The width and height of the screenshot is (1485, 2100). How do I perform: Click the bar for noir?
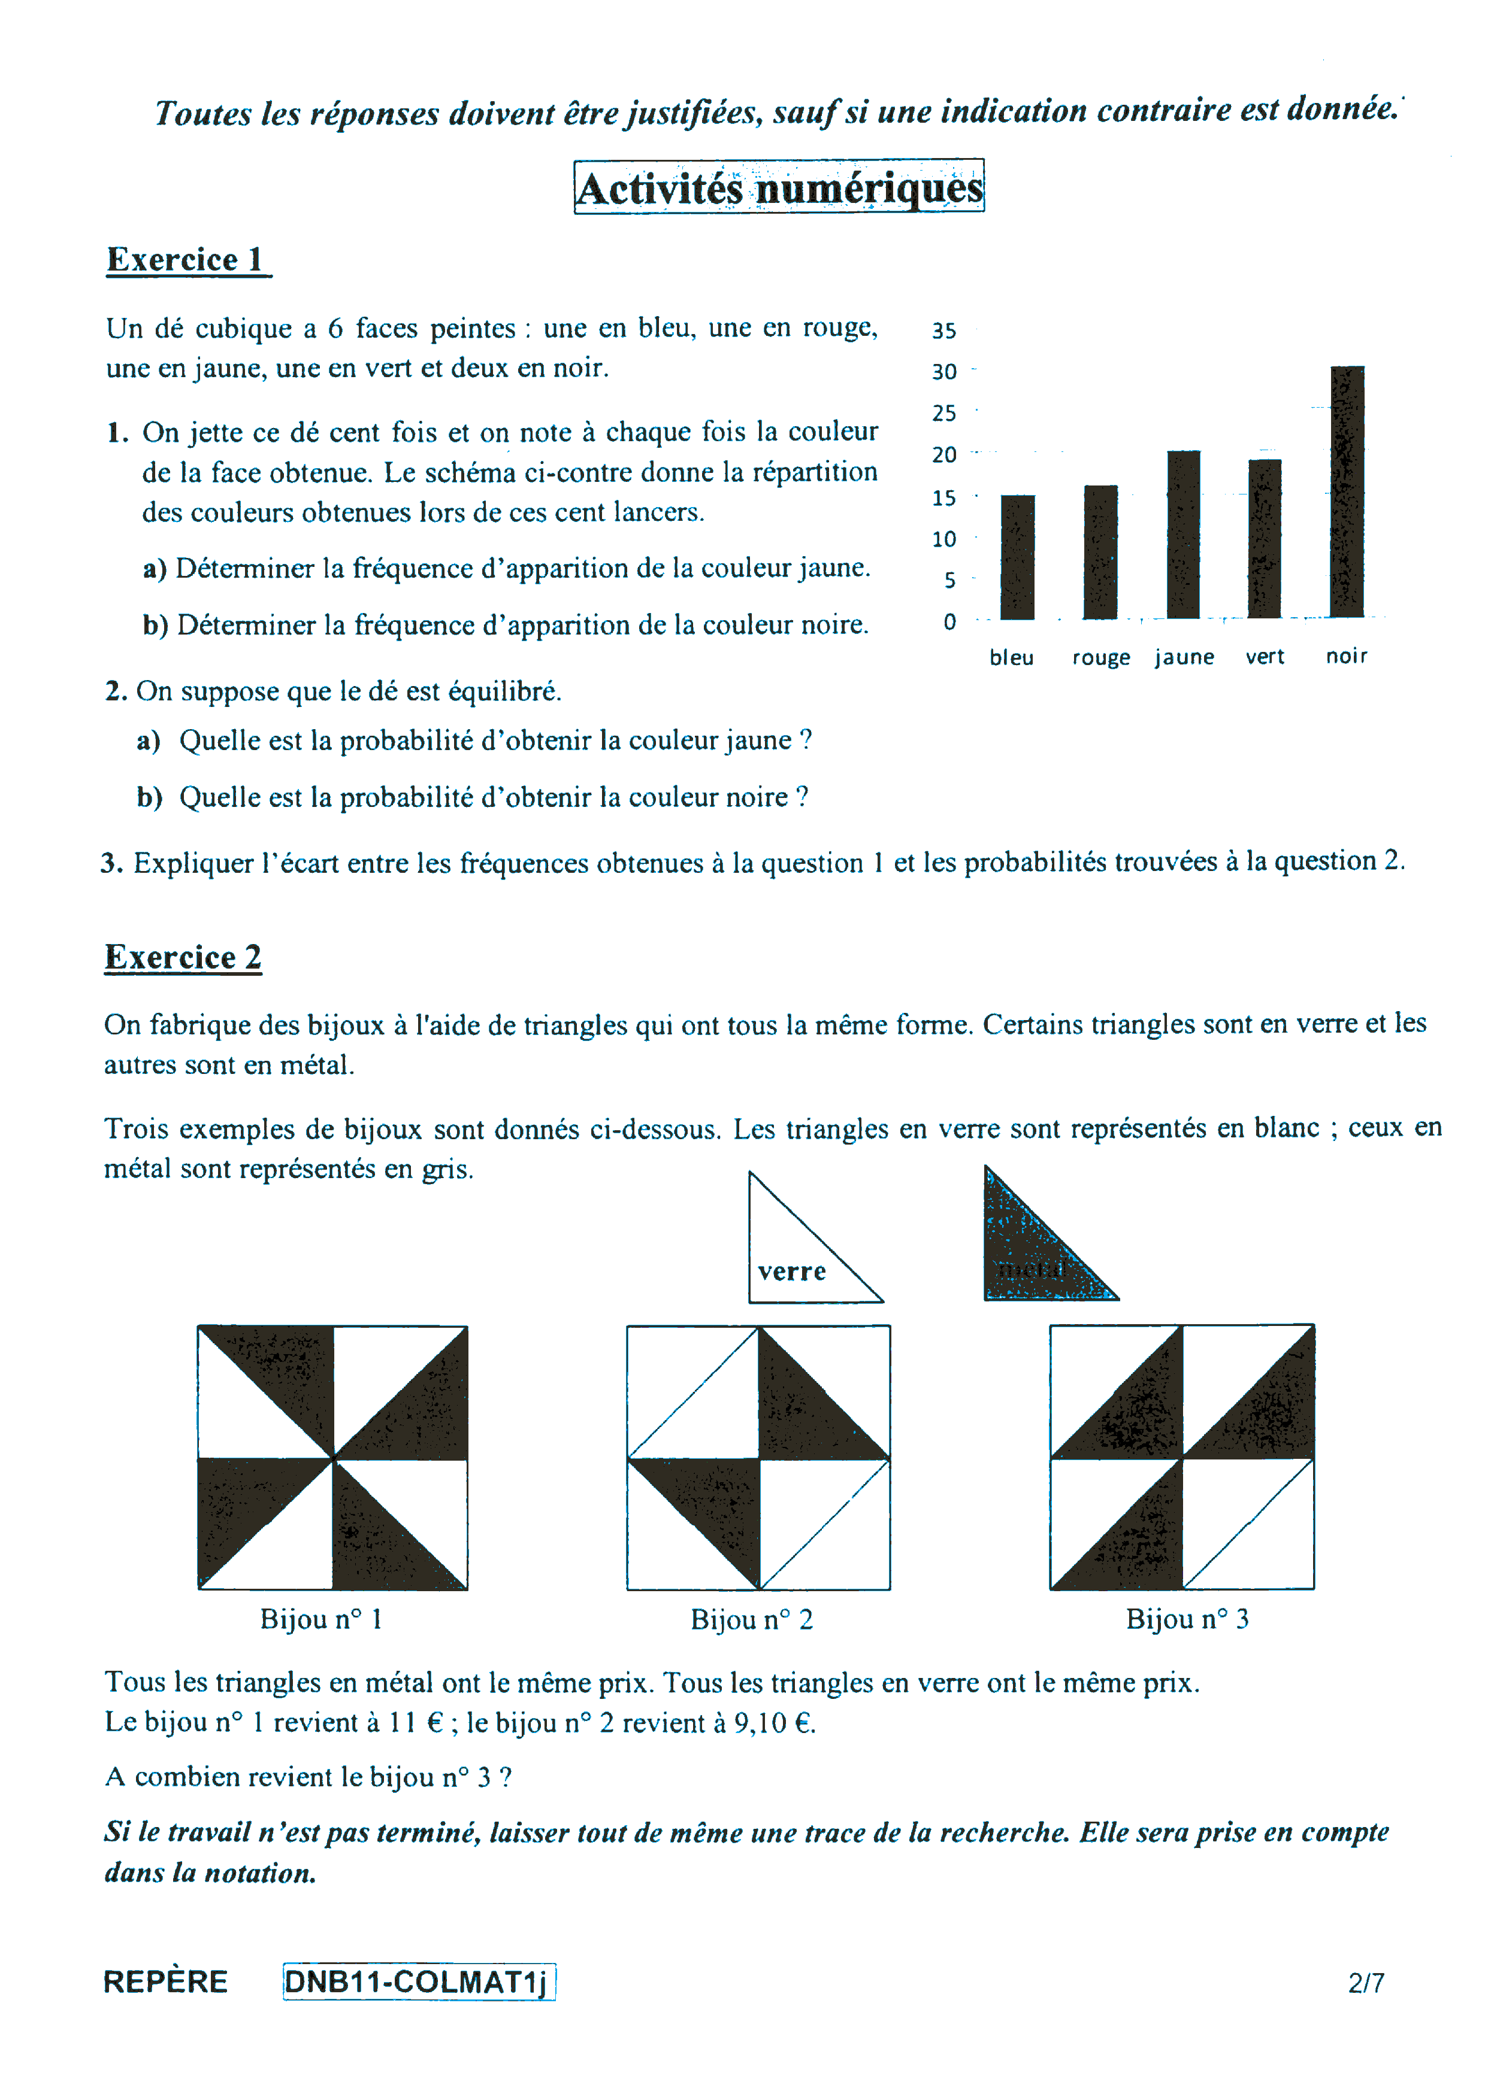1347,492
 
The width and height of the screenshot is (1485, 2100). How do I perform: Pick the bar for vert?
1265,539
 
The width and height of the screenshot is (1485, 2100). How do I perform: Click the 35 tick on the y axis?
944,331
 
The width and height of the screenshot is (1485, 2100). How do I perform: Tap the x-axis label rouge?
1100,658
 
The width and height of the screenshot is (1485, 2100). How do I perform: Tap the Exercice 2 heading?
183,958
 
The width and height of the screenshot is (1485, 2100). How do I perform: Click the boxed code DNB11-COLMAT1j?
418,1982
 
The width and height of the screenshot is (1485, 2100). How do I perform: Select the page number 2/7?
1365,1983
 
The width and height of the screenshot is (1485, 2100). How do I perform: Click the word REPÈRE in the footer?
165,1982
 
